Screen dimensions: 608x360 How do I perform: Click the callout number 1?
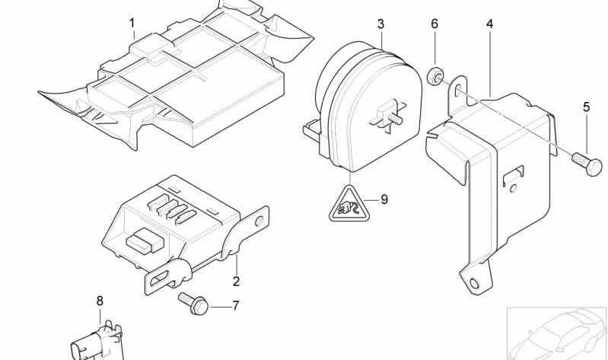pyautogui.click(x=132, y=24)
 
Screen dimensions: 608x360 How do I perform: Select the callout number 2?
pyautogui.click(x=236, y=281)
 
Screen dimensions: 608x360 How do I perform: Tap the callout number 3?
pyautogui.click(x=380, y=24)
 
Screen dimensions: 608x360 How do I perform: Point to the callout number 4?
pyautogui.click(x=490, y=24)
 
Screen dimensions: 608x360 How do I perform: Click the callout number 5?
pyautogui.click(x=586, y=107)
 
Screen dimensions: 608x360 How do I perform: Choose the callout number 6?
pyautogui.click(x=435, y=24)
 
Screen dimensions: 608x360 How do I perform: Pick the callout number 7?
pyautogui.click(x=235, y=306)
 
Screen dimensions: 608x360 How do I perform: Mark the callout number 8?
pyautogui.click(x=100, y=301)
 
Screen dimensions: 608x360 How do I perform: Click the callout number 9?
pyautogui.click(x=384, y=199)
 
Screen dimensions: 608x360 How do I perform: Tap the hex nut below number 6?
pyautogui.click(x=435, y=76)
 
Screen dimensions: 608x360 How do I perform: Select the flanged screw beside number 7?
pyautogui.click(x=193, y=304)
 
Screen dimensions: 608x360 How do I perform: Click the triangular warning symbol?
pyautogui.click(x=349, y=205)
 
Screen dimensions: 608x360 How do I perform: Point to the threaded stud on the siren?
pyautogui.click(x=395, y=118)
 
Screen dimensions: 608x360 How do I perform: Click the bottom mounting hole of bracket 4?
pyautogui.click(x=474, y=284)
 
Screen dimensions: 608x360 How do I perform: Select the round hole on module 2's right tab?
pyautogui.click(x=259, y=221)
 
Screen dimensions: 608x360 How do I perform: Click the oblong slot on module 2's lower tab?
pyautogui.click(x=159, y=279)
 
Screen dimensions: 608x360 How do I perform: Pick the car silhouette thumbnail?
pyautogui.click(x=558, y=333)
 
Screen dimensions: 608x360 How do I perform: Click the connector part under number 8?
pyautogui.click(x=97, y=342)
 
